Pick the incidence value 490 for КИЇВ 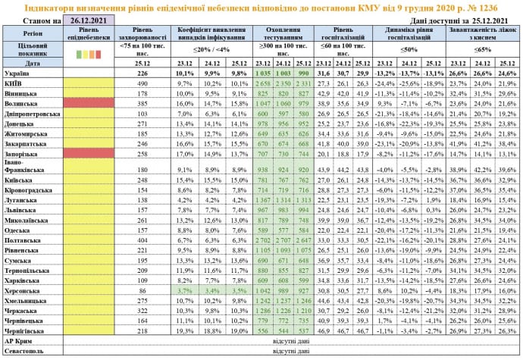click(142, 83)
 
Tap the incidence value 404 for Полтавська click(142, 238)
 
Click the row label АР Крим click(19, 341)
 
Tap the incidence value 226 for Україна click(142, 73)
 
